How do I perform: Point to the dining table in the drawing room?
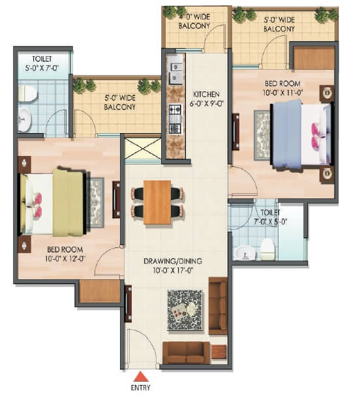pyautogui.click(x=157, y=200)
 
